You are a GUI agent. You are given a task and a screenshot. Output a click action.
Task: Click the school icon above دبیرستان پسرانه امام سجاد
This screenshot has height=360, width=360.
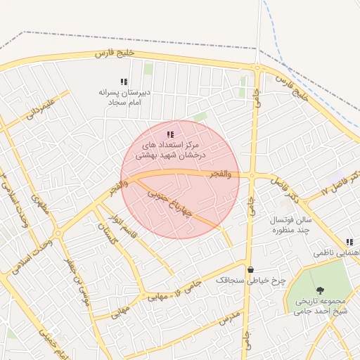click(124, 82)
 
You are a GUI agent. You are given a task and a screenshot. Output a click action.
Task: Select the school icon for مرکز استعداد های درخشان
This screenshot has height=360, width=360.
click(170, 134)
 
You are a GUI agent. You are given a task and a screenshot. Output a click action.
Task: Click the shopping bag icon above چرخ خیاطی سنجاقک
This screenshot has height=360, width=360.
click(250, 269)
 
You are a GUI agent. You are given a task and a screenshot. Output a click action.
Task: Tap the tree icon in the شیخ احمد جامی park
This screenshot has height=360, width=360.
click(321, 290)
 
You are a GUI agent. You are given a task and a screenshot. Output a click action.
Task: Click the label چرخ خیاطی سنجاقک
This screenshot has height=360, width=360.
click(250, 280)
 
